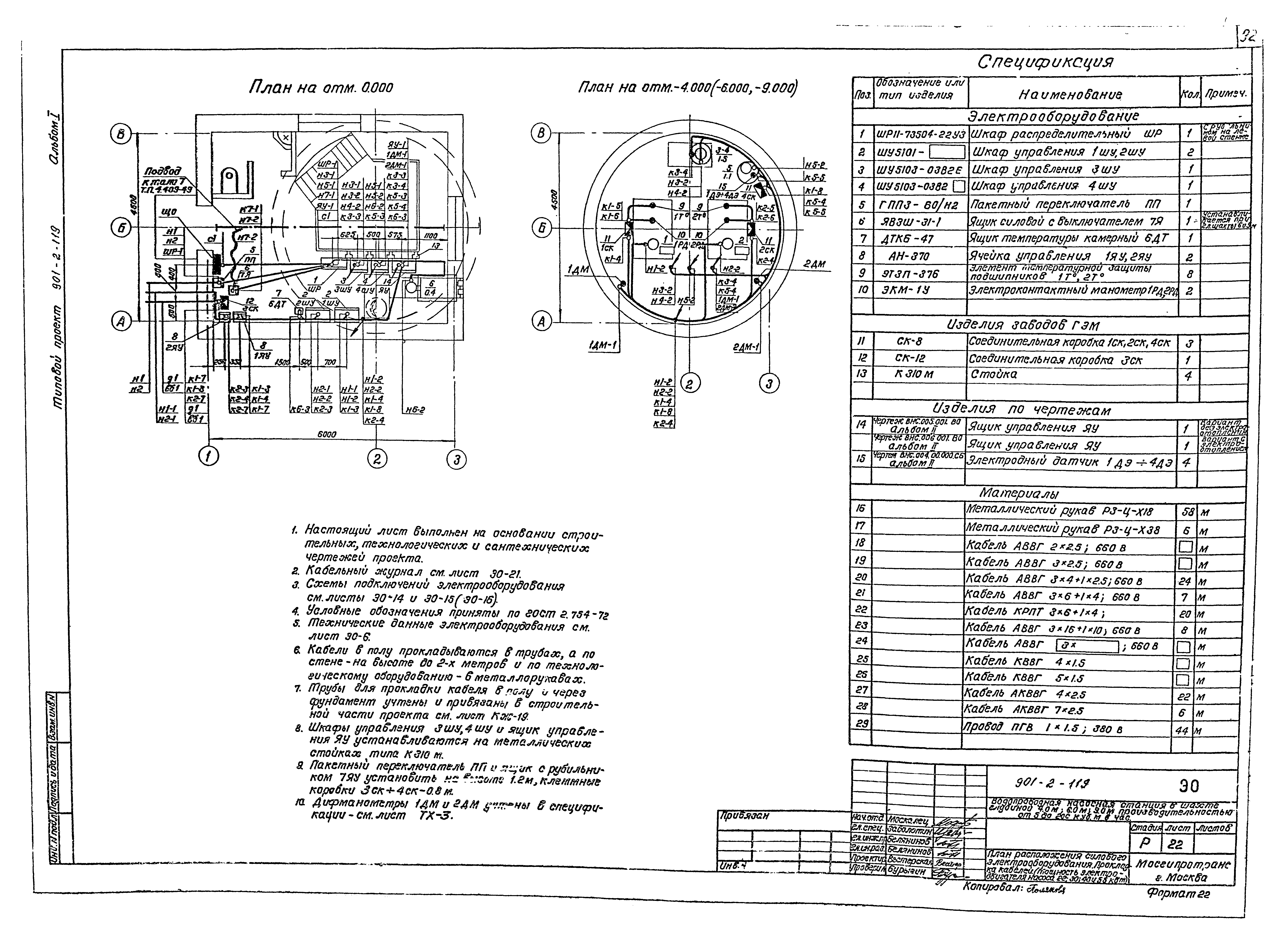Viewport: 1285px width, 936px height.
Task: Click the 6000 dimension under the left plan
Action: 327,434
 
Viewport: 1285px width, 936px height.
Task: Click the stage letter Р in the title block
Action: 1145,844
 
